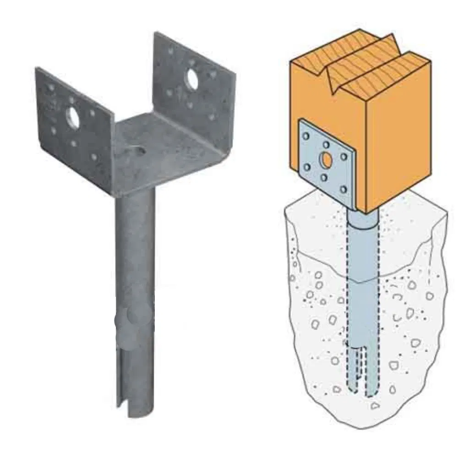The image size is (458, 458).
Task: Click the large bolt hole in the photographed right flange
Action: coord(191,79)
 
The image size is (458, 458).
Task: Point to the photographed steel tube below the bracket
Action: coord(135,275)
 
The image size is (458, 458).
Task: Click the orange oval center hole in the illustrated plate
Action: coord(326,160)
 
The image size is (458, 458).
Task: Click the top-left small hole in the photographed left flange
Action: coord(51,87)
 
